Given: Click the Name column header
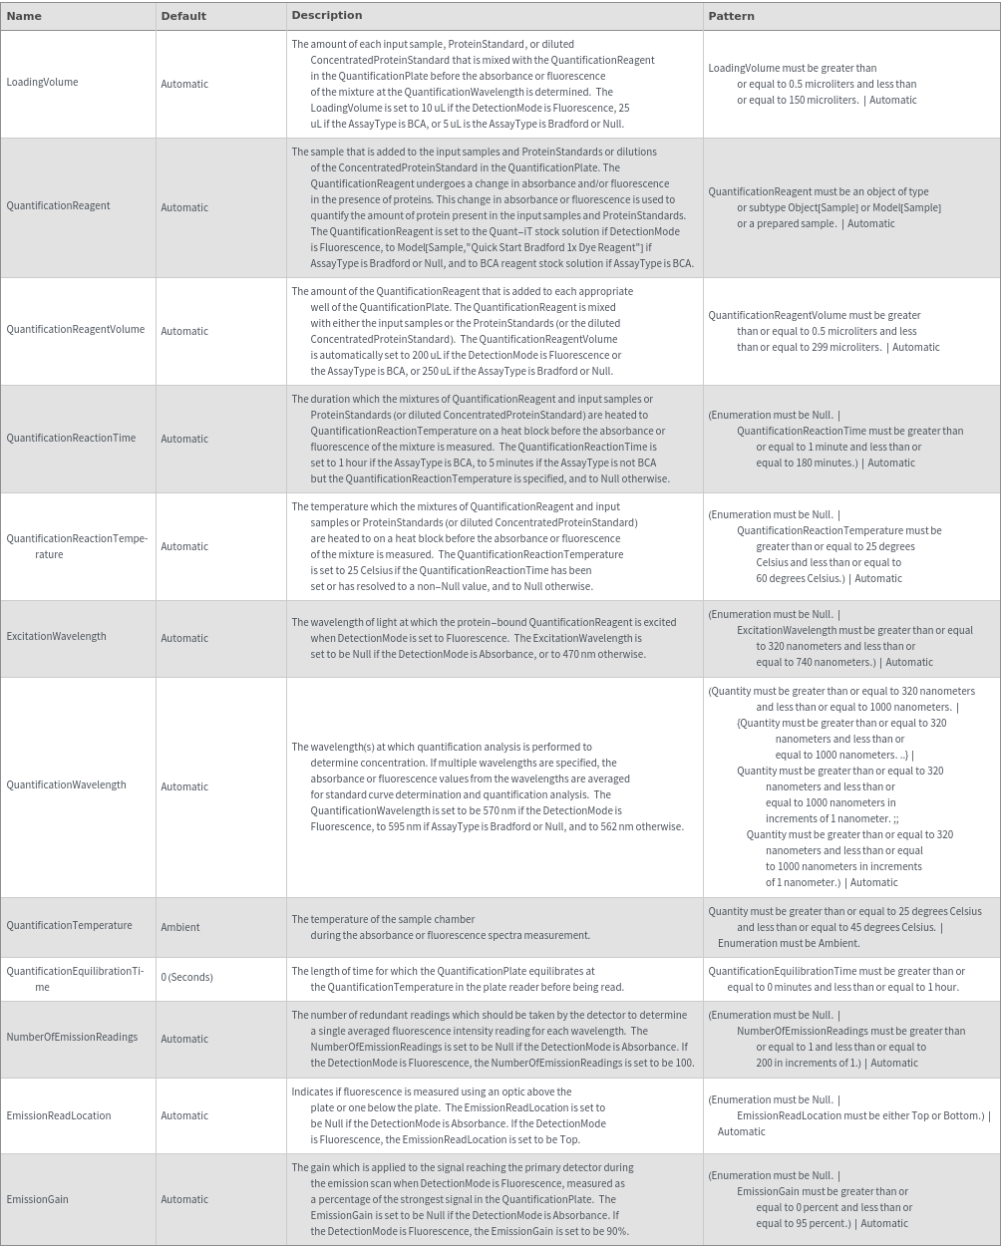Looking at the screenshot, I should point(24,16).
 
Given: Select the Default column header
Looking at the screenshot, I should point(183,16).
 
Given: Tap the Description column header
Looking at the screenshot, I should point(326,16).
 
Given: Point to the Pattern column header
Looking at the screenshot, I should point(731,16).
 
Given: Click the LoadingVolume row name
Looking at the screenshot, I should point(42,83).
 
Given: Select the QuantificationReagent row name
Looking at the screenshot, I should point(58,206).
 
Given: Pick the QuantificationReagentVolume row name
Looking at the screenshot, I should point(75,330).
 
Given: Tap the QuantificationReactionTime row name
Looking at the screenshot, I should point(71,439).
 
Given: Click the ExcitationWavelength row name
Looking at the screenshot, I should point(56,637).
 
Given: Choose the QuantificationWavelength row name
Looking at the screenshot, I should point(66,785).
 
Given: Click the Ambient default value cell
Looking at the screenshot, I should point(180,927).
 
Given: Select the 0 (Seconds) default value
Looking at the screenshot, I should point(186,977).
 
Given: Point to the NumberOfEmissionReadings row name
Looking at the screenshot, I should point(72,1038).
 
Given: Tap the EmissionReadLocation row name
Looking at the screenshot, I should point(59,1116).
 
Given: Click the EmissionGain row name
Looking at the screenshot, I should point(37,1200).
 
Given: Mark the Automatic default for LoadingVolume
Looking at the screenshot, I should point(184,84).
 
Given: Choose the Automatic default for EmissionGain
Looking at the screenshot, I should point(184,1200).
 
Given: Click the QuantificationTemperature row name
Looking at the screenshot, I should point(69,926).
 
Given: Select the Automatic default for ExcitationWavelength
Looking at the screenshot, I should point(184,638).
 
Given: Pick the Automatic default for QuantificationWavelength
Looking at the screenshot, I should point(184,786).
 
